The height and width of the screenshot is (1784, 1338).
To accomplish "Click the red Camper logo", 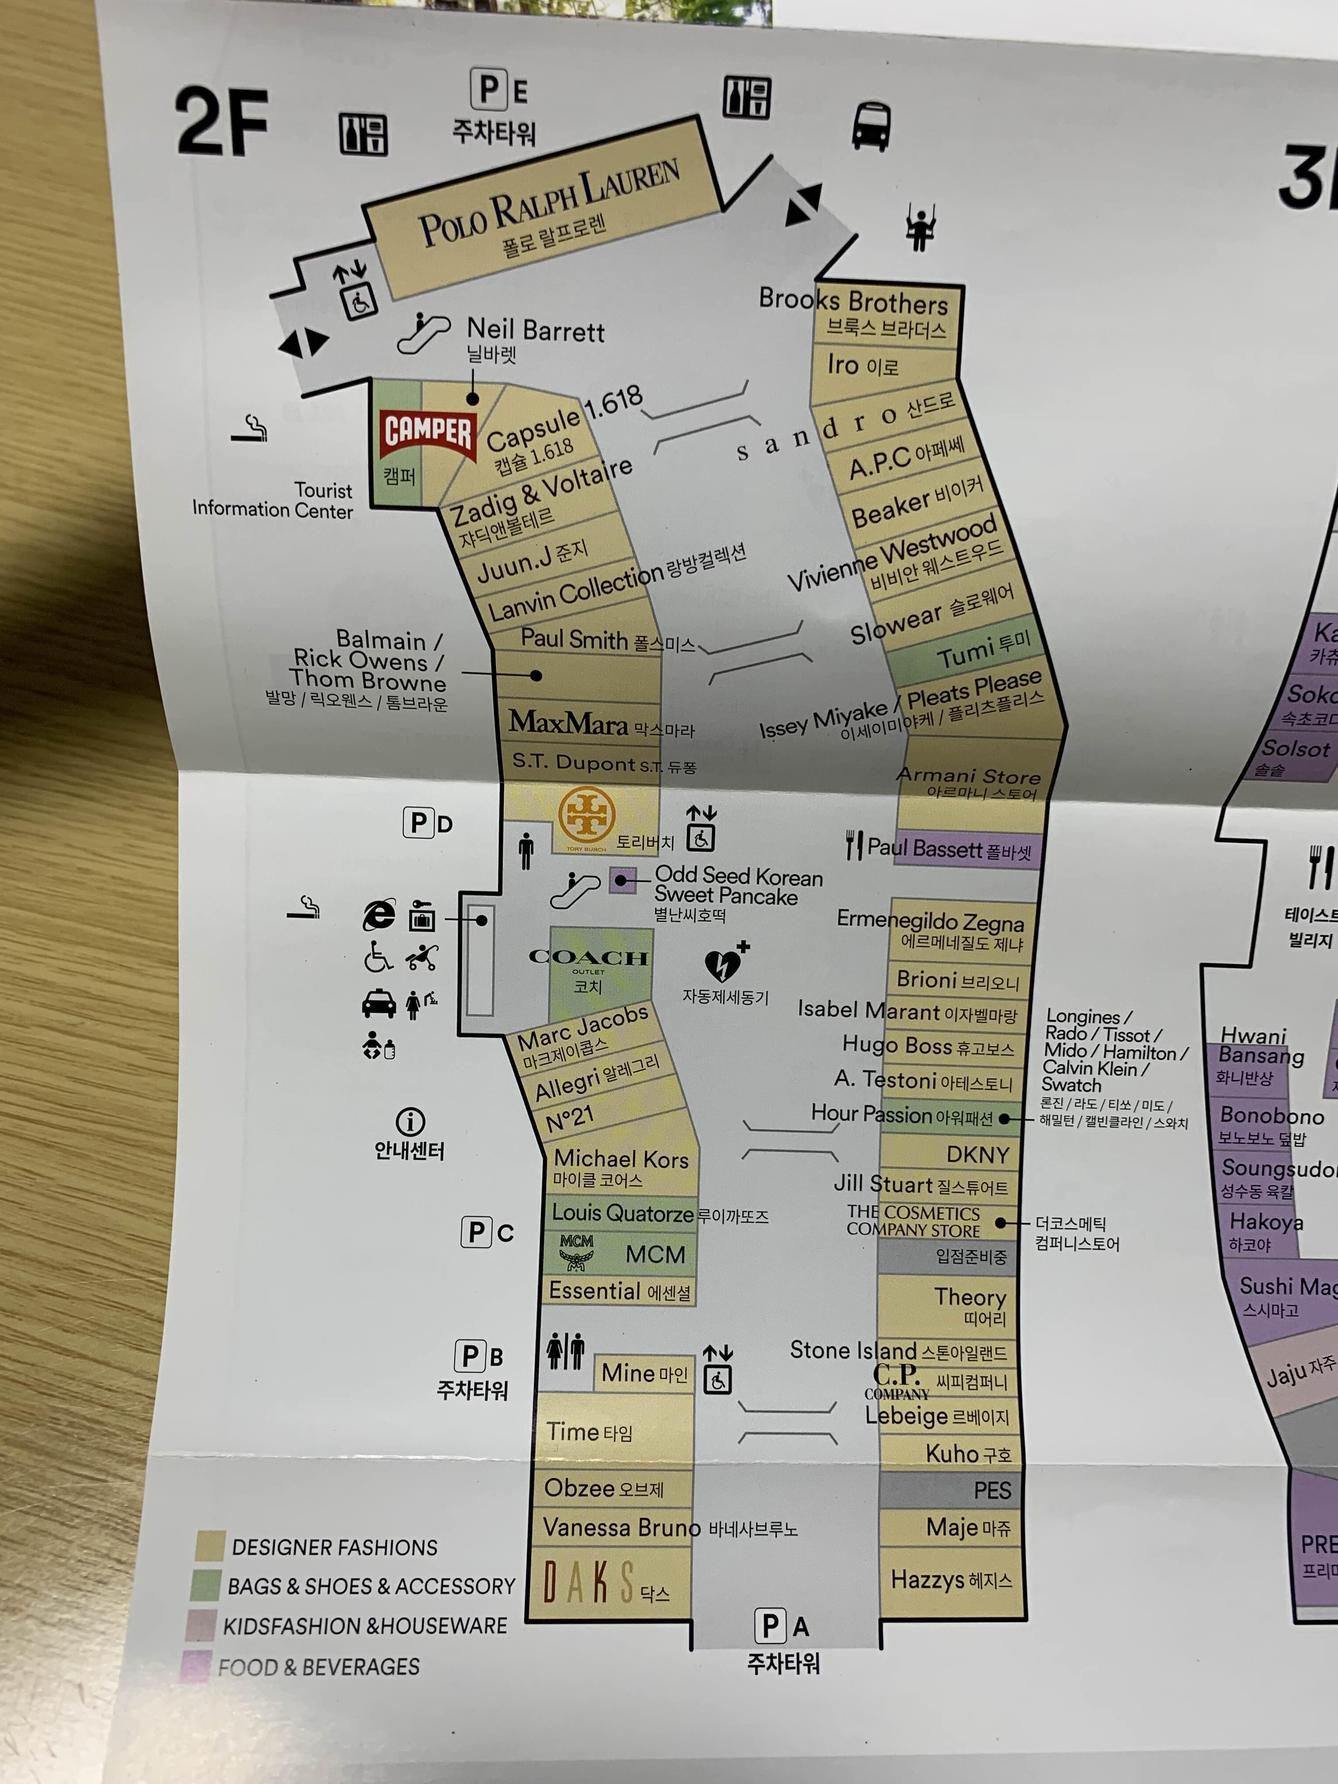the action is [x=427, y=432].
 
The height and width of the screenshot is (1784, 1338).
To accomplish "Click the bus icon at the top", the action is [x=871, y=126].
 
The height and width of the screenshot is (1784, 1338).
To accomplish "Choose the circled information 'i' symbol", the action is [x=410, y=1121].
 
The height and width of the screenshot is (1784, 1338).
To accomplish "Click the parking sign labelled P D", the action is [x=427, y=823].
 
